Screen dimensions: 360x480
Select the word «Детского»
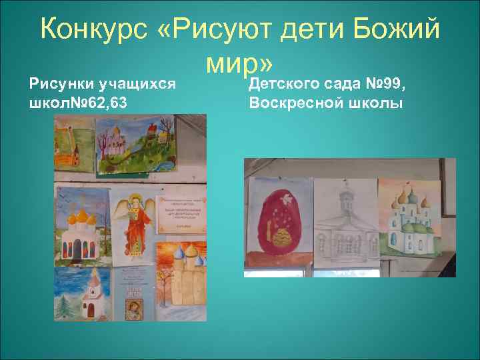285,85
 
